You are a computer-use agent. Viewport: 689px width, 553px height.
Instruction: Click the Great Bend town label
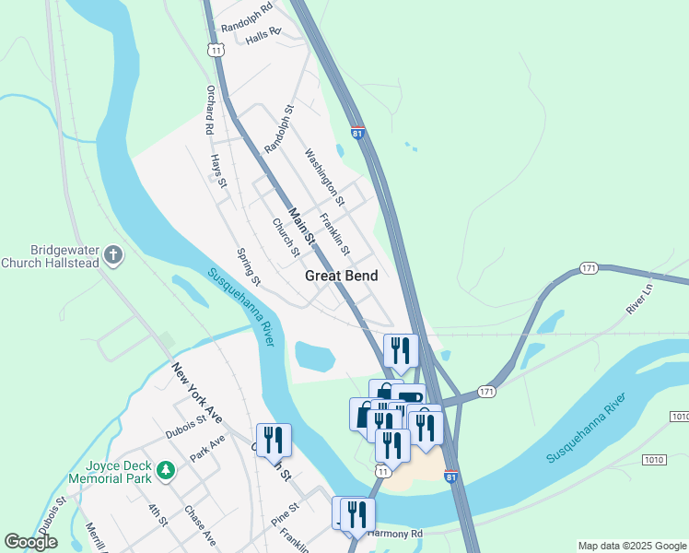point(342,275)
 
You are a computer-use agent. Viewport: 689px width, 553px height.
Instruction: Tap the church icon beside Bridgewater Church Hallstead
point(113,255)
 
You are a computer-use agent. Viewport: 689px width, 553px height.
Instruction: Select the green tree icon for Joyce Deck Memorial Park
point(166,471)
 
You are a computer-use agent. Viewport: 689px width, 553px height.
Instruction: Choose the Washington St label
point(324,178)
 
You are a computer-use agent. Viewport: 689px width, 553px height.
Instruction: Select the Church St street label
point(286,237)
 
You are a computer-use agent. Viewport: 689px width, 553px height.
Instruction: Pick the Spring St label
point(249,266)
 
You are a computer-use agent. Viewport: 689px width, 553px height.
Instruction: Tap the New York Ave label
point(196,393)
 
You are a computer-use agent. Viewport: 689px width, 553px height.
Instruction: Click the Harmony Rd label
point(395,534)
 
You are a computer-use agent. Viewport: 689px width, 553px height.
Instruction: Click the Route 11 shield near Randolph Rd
point(216,50)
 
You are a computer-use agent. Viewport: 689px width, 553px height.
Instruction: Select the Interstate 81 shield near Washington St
point(357,133)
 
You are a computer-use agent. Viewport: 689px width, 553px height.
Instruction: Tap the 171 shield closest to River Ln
point(590,268)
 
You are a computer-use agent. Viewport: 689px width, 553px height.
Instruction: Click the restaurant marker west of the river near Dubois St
point(274,440)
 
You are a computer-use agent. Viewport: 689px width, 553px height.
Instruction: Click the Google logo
point(30,542)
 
